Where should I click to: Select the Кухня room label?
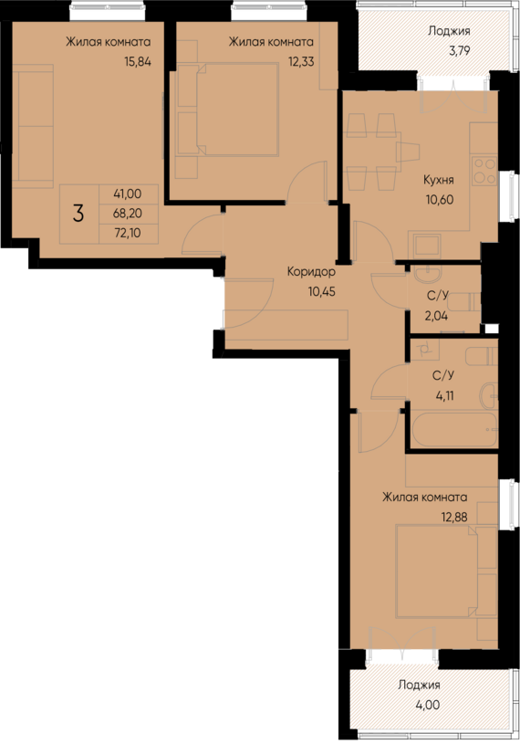point(440,179)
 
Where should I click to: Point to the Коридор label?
point(311,272)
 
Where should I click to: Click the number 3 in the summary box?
point(79,215)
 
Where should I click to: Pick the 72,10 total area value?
point(128,234)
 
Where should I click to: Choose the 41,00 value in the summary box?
point(128,194)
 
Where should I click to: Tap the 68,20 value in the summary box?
point(128,214)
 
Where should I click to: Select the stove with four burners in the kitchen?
point(484,172)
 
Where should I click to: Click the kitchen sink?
point(425,244)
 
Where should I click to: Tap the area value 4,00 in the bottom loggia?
point(419,705)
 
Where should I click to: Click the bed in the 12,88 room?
point(436,571)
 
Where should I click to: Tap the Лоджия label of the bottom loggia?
point(419,685)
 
